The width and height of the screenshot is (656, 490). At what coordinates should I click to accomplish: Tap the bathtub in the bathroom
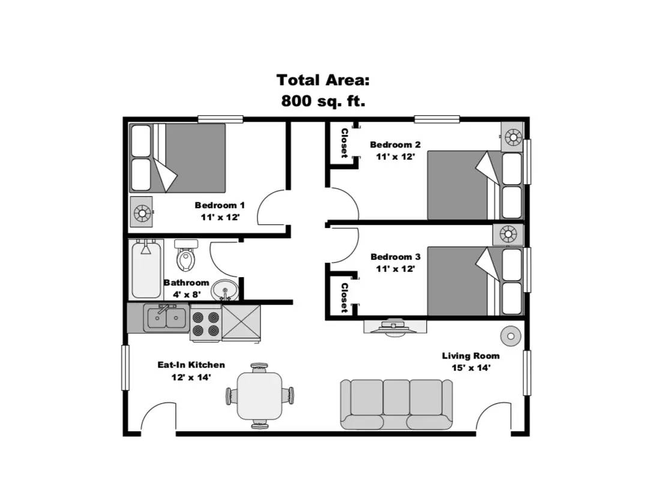[146, 269]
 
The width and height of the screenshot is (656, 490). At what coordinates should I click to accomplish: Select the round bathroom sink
[224, 290]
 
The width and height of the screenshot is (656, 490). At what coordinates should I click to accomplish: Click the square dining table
[259, 396]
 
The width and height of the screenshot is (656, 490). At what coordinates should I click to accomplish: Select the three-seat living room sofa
[396, 404]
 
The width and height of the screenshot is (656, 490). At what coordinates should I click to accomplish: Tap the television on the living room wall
[394, 327]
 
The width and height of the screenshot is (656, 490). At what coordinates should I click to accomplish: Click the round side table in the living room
[511, 336]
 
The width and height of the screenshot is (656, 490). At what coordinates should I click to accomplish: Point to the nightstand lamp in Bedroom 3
[508, 234]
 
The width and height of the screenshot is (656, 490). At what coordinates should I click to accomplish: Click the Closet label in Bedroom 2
[345, 143]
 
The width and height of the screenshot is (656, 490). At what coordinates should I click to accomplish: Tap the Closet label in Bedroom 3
[345, 298]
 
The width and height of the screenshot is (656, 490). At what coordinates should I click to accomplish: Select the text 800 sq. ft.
[323, 101]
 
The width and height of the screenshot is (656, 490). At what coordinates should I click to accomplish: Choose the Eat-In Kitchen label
[191, 365]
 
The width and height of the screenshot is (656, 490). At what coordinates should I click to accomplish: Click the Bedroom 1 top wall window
[220, 119]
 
